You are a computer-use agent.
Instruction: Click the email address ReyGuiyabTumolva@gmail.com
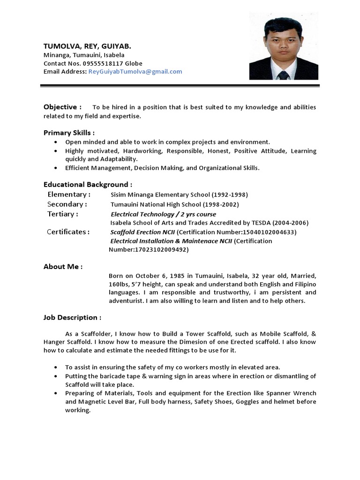135,72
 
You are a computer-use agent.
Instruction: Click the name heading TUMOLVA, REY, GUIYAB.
87,46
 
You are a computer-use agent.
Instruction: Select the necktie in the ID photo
284,75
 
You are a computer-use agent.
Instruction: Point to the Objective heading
62,107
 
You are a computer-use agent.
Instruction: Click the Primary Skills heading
69,133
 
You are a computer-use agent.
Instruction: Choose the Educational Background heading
88,184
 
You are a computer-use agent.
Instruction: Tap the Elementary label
69,195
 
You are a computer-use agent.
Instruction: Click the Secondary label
67,204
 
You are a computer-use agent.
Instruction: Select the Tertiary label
63,214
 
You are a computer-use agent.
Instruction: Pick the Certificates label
68,232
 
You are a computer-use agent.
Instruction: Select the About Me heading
63,267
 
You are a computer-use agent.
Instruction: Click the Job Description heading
72,317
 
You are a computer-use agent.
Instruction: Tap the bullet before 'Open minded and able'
56,142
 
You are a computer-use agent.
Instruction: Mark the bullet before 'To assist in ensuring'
56,367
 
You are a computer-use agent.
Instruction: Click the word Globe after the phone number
134,63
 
